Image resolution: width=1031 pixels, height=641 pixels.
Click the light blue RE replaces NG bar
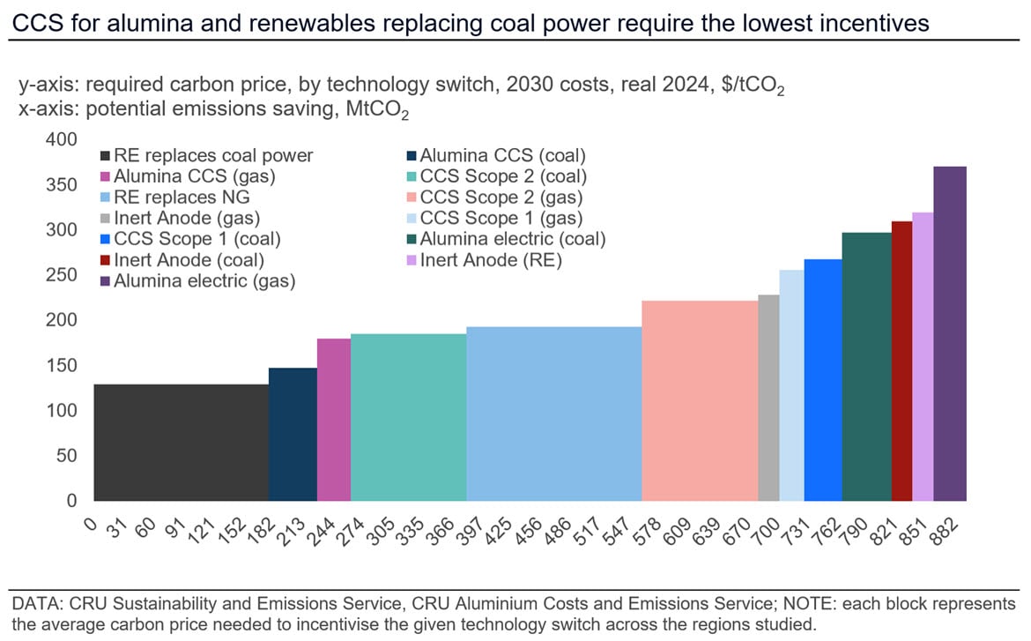pos(553,414)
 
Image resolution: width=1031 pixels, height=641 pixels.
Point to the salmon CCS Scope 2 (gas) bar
pos(700,401)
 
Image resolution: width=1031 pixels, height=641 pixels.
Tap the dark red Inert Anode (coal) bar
pos(901,361)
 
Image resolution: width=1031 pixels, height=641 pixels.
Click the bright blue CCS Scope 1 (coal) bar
pos(823,380)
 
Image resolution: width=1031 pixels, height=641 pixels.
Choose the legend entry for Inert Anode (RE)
pos(491,260)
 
